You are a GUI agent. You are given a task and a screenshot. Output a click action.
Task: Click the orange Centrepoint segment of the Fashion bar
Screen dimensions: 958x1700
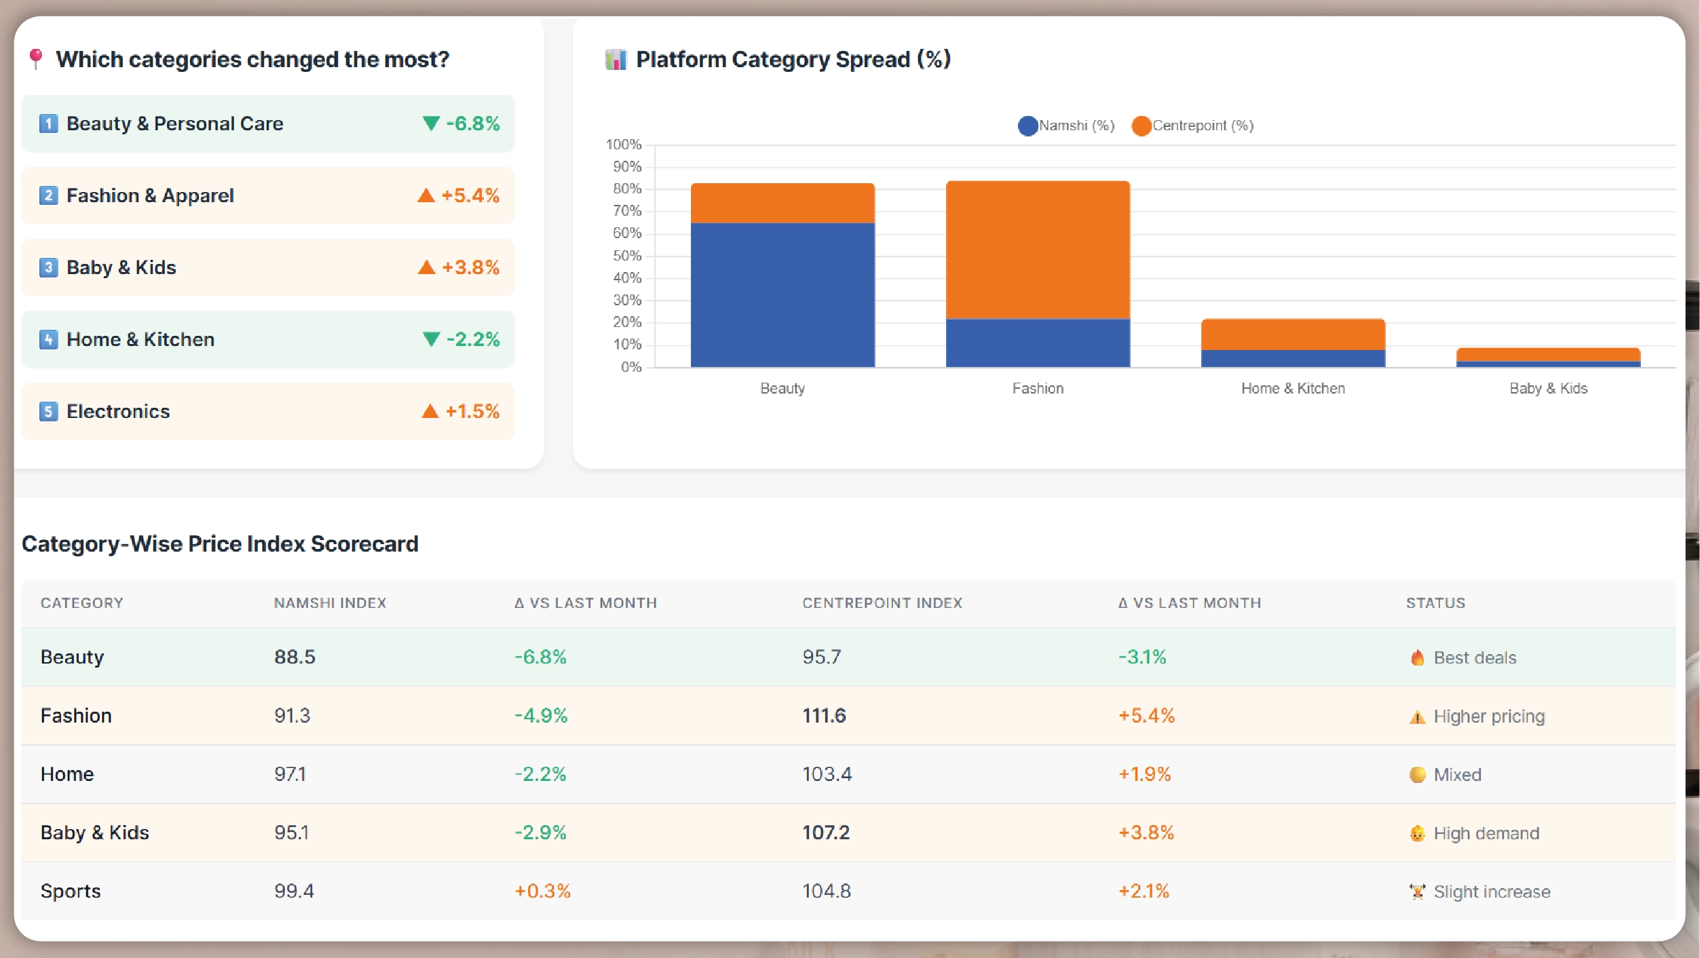1038,249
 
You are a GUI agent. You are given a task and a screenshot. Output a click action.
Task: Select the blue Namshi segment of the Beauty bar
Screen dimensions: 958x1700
782,294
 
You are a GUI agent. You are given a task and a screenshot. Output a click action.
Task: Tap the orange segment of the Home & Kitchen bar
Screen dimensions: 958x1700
1293,334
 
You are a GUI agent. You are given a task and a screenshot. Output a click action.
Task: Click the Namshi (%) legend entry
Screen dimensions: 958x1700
1066,126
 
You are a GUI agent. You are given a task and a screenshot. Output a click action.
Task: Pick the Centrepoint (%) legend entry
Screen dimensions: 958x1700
1192,126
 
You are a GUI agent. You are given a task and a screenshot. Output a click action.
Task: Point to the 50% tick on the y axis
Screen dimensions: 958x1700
627,256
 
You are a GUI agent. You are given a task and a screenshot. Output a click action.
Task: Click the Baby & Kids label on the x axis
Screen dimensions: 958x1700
1548,388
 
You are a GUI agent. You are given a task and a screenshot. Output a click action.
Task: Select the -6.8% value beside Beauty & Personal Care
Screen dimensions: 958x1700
473,123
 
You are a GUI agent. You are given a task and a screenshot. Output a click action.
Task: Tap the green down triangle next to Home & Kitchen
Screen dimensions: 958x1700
431,339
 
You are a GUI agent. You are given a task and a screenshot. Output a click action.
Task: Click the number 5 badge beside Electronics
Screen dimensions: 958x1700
48,411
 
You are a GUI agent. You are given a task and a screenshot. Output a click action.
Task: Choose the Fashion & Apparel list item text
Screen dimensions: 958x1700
150,195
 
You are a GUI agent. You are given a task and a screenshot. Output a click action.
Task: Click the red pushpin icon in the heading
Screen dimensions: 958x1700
36,58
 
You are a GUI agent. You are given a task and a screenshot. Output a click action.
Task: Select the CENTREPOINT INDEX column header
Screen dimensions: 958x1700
882,602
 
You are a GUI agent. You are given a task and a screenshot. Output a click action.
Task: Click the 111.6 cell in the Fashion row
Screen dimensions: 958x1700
824,715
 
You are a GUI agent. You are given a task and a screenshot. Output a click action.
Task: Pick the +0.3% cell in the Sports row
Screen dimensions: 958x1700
542,891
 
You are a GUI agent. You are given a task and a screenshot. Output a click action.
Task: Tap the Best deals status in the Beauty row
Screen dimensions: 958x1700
1474,657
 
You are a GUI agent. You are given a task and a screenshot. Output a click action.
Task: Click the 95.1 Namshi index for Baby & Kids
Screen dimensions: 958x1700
291,832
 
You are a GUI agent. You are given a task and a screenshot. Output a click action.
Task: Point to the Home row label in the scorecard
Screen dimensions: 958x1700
67,774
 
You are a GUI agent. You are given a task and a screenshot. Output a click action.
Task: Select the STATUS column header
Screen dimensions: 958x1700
1435,602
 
